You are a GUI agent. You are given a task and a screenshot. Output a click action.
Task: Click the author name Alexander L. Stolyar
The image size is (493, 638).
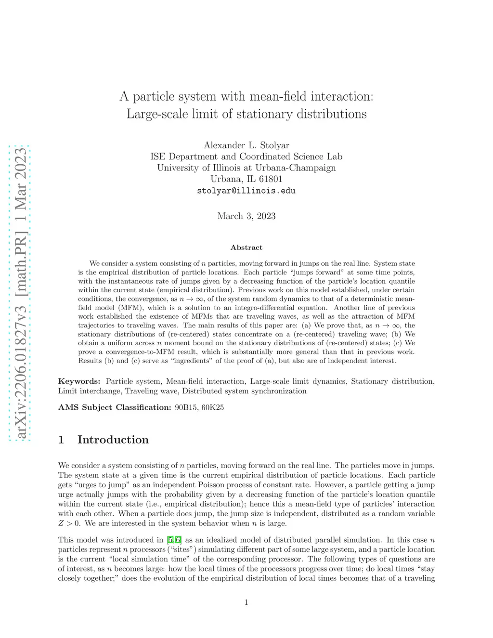(246, 145)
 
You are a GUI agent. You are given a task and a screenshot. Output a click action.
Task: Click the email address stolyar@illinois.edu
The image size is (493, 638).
(246, 191)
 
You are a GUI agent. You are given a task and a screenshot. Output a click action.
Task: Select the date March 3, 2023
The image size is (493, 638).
(246, 216)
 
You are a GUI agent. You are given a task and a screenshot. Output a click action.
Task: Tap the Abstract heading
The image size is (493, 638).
(246, 247)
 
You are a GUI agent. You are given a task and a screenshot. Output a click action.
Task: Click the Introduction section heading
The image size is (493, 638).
(113, 440)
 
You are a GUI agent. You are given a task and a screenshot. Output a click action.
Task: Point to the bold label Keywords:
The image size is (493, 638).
(79, 381)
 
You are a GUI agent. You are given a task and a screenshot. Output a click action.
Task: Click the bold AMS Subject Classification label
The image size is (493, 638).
(115, 407)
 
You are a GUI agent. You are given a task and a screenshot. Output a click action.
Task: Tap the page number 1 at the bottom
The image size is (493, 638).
(246, 602)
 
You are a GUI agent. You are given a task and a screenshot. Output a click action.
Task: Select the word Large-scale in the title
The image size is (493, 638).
(157, 114)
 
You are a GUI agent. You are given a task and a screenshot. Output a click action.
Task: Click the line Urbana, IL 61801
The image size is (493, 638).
(246, 179)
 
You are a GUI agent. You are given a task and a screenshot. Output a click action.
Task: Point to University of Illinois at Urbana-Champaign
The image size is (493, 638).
(246, 168)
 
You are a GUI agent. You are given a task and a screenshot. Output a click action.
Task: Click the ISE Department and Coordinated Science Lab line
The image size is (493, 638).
(246, 156)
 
